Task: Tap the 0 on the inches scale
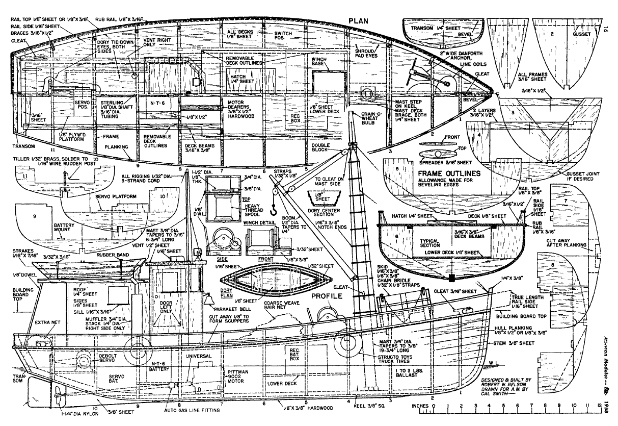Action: (x=434, y=406)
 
